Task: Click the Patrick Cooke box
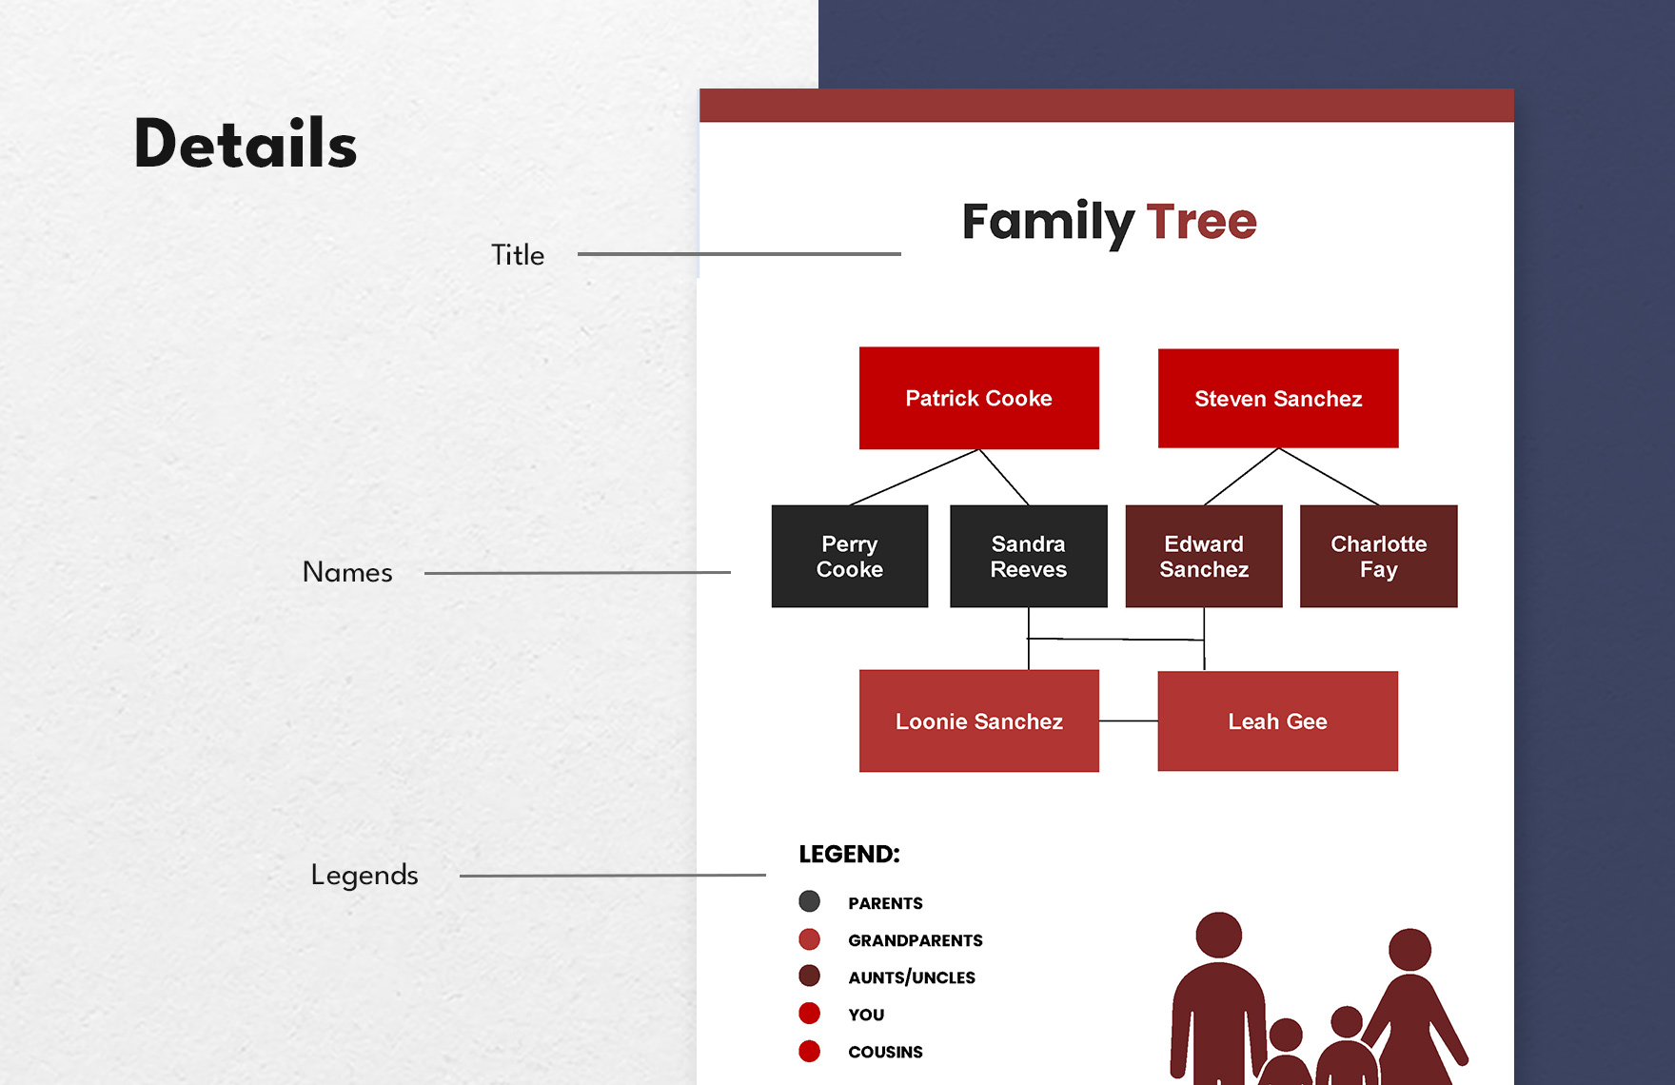978,398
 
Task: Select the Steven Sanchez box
1277,398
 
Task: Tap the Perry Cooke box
849,556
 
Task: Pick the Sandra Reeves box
1028,556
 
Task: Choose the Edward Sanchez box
1203,556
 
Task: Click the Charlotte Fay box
1378,556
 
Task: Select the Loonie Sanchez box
978,720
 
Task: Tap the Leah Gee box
1277,720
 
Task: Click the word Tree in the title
1201,222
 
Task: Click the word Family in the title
1047,222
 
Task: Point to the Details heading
245,145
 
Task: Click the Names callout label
347,572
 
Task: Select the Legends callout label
365,875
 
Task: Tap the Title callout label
518,255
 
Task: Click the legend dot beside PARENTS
809,901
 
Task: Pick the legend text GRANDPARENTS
915,940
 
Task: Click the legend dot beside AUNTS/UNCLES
809,976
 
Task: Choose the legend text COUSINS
885,1052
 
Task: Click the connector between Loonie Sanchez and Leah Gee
1128,720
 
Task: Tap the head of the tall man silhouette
1218,935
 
